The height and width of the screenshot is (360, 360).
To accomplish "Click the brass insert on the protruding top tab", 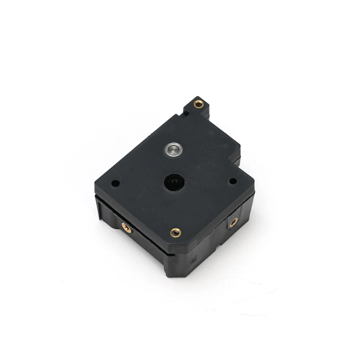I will (x=198, y=104).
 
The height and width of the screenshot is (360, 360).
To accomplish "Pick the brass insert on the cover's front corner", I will (x=175, y=232).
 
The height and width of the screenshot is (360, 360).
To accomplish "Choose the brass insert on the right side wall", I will (x=234, y=222).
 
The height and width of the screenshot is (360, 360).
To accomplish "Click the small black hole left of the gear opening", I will (x=116, y=184).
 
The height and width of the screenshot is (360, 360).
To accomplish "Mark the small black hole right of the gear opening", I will (x=233, y=181).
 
